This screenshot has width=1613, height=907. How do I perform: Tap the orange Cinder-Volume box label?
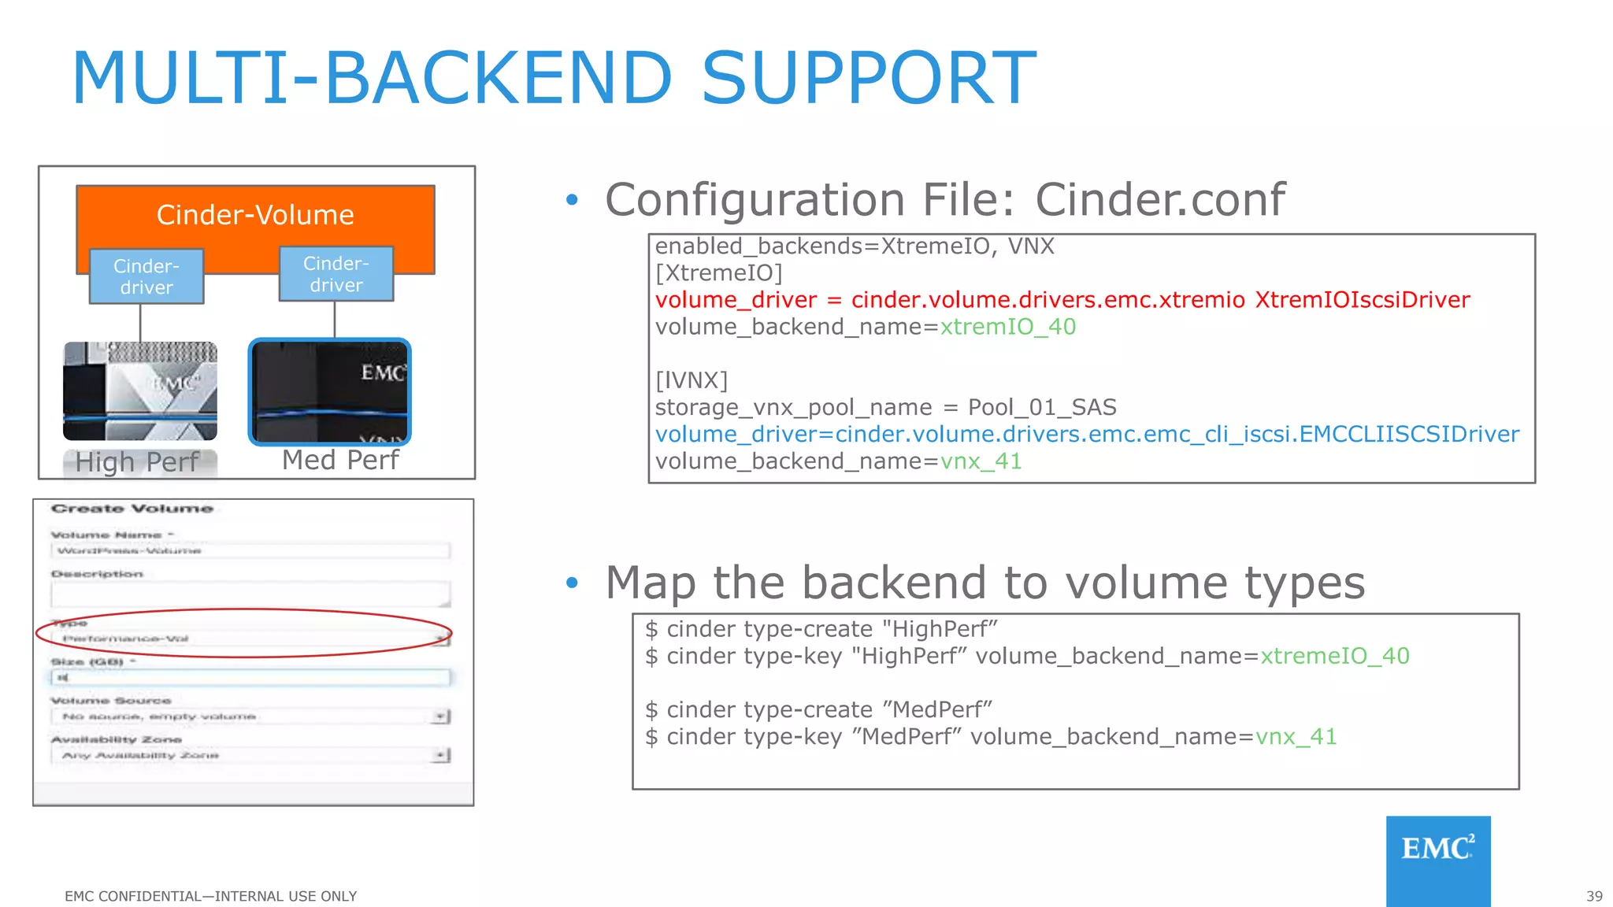tap(255, 215)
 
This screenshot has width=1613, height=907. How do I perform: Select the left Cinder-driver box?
tap(146, 276)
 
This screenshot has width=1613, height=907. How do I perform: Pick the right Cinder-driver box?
tap(336, 274)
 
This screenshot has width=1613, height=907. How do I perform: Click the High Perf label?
tap(137, 462)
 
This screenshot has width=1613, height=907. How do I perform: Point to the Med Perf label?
tap(340, 460)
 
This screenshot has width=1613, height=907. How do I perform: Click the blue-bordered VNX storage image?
tap(330, 392)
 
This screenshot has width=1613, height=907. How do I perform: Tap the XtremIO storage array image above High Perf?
tap(140, 391)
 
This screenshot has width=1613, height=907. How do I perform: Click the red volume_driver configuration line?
tap(1062, 300)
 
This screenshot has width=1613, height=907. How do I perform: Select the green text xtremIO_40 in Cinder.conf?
tap(1007, 327)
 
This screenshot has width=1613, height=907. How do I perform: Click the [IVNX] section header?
tap(691, 380)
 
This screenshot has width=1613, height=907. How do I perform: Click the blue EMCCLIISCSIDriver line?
tap(1087, 434)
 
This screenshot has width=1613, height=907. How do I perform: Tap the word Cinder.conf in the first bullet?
tap(1159, 200)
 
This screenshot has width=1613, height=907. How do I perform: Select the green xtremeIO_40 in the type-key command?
tap(1334, 656)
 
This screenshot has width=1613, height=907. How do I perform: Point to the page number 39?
tap(1593, 896)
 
